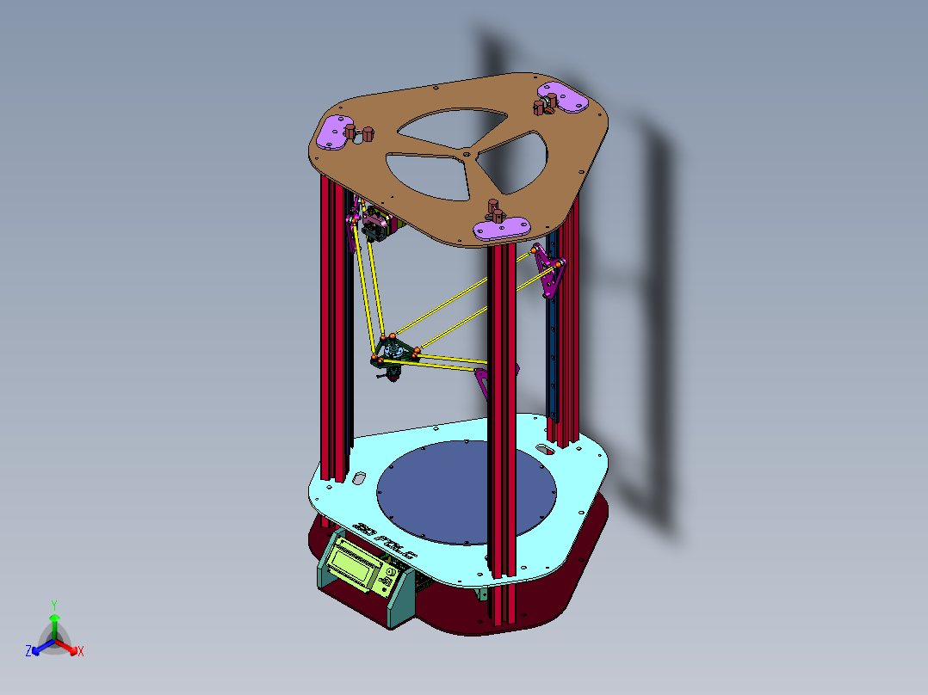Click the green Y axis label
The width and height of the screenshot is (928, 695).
pos(53,605)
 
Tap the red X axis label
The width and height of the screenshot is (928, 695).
pos(81,652)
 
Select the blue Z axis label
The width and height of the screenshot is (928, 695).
pos(28,652)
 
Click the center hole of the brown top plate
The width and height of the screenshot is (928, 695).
pos(466,154)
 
